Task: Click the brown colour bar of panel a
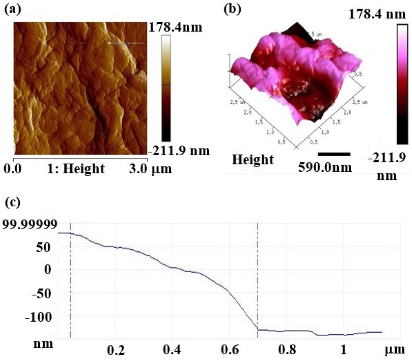point(166,87)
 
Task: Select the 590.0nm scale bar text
point(325,167)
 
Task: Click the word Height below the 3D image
point(253,160)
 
